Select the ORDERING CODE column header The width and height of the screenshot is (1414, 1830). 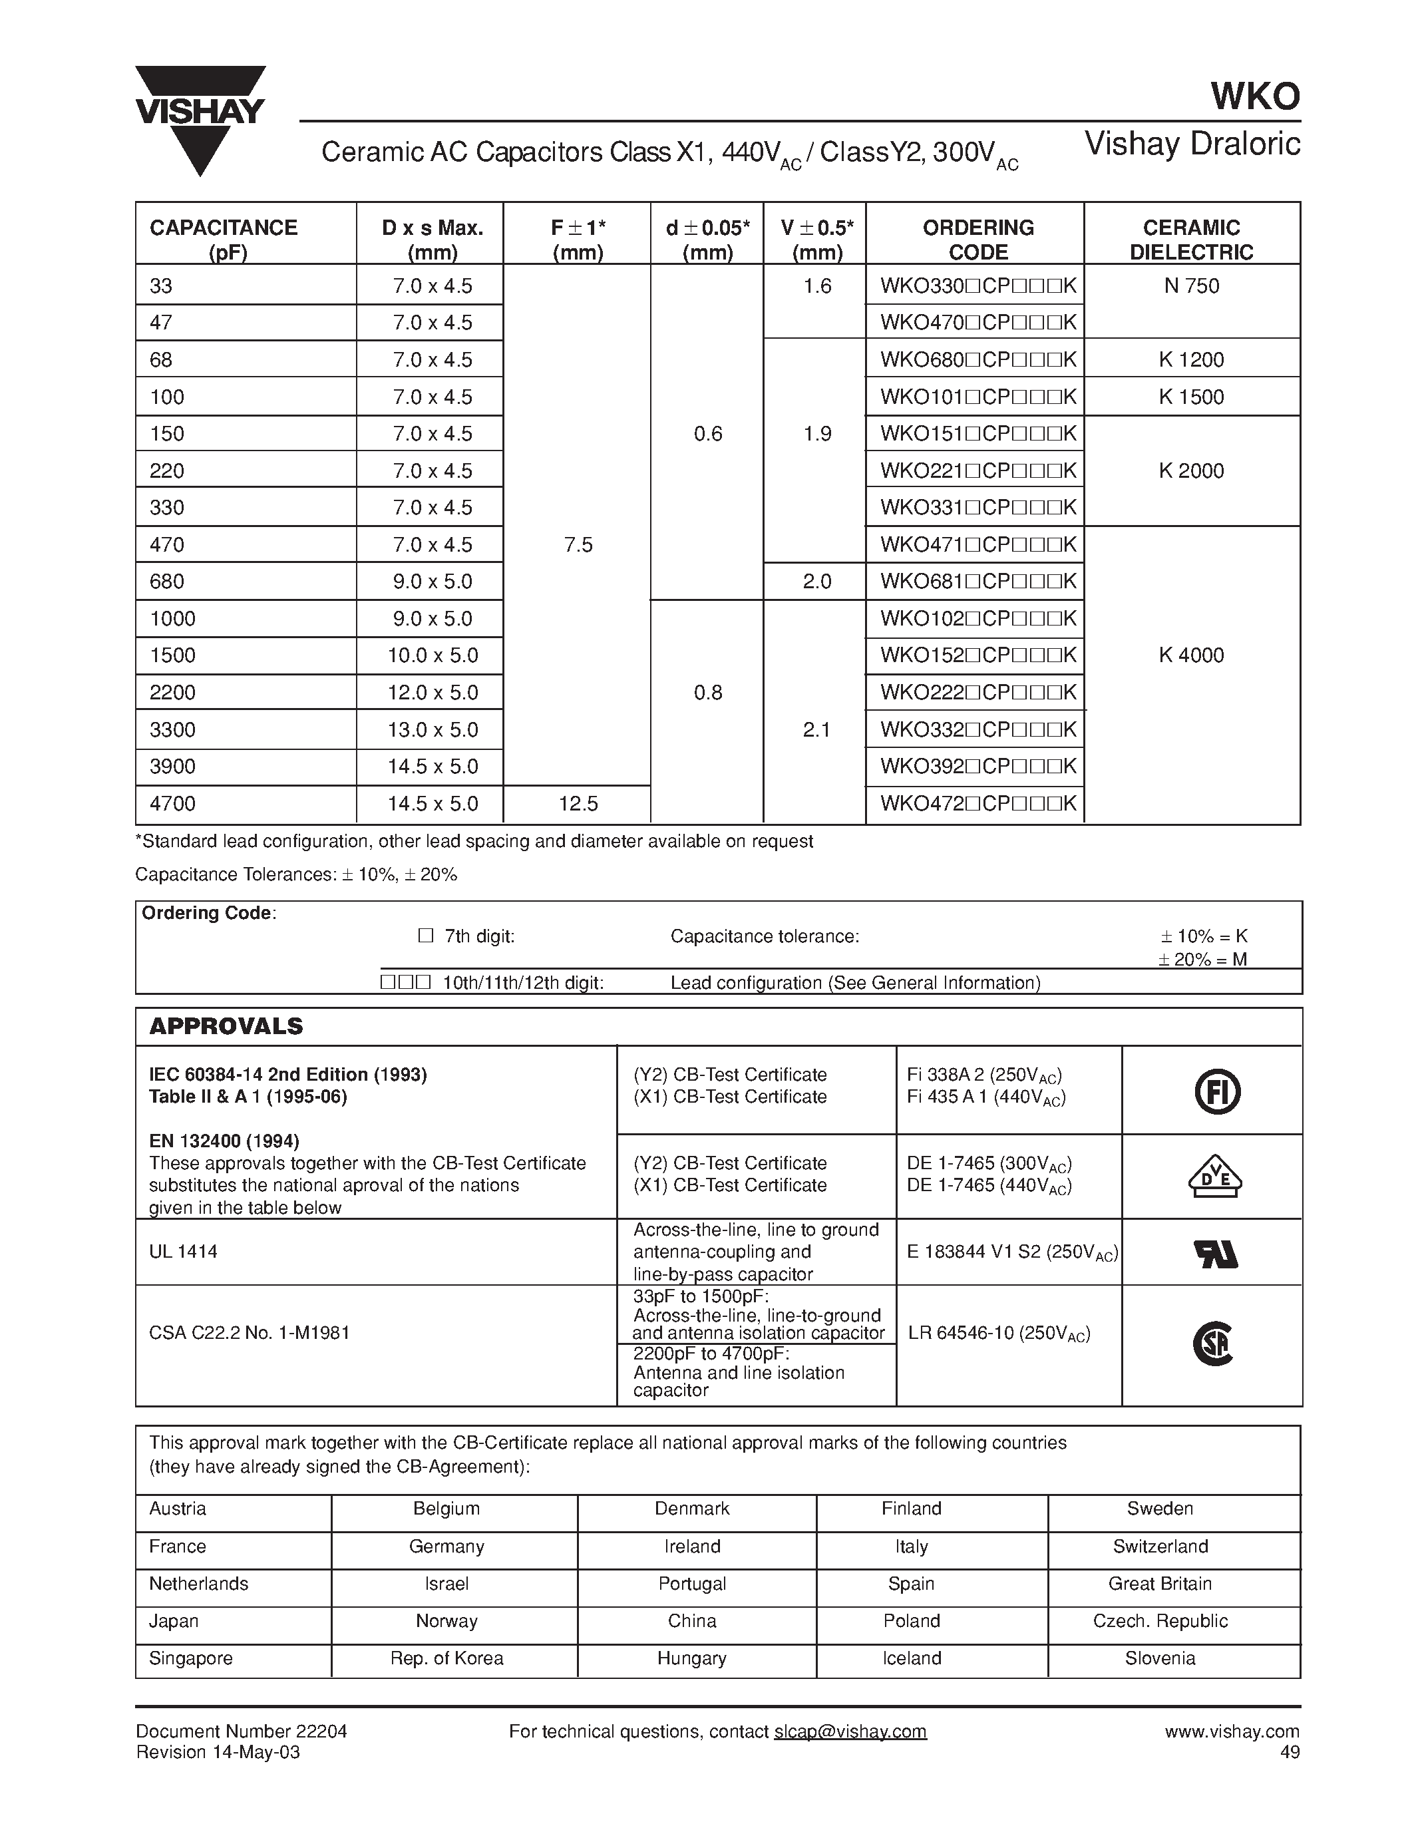(977, 240)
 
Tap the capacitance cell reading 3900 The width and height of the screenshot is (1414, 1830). (172, 766)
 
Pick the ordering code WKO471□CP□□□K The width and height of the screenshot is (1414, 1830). (977, 544)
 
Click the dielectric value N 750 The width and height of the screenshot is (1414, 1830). (1191, 285)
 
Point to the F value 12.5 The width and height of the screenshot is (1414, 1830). (578, 804)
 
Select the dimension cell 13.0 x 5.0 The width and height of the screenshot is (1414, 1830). (433, 729)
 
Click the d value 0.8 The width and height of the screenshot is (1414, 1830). (708, 692)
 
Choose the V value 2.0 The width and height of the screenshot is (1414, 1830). (816, 582)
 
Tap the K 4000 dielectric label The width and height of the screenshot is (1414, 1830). (1191, 655)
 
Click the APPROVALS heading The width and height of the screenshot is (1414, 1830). (226, 1025)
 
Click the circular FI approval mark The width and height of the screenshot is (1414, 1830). (1216, 1093)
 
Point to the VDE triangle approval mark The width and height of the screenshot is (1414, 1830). (1214, 1177)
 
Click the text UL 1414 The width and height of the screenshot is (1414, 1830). (184, 1251)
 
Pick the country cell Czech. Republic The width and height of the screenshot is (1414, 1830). (1160, 1620)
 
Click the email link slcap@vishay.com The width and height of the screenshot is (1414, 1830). (850, 1731)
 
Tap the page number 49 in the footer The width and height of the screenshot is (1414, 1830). (1290, 1752)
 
